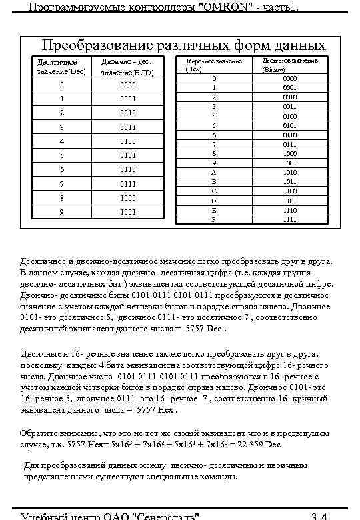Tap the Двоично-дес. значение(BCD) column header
128,66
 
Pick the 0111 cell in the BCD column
128,183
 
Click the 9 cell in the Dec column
61,212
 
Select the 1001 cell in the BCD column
128,212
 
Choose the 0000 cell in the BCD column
128,85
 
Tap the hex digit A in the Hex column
214,171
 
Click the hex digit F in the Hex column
214,219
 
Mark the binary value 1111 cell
289,219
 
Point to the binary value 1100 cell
289,191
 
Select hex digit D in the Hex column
214,200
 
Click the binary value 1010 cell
289,171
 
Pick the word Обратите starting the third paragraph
41,434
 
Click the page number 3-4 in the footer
319,515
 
